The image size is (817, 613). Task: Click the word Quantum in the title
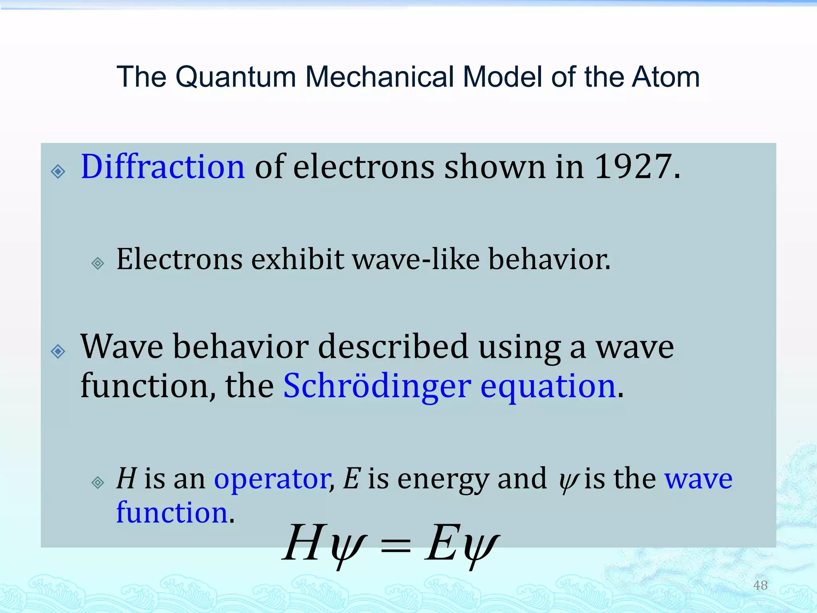(235, 77)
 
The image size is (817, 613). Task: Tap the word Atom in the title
(666, 77)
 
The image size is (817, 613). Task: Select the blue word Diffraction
(163, 167)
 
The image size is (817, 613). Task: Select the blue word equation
(548, 386)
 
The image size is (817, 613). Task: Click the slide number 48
(760, 585)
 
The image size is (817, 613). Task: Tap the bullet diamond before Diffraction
(58, 171)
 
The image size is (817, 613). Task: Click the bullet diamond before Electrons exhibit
(98, 263)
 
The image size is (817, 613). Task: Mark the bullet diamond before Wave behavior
(58, 351)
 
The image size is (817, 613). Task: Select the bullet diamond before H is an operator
(98, 482)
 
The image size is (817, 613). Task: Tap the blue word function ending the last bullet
(172, 512)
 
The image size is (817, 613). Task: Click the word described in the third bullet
(393, 346)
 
